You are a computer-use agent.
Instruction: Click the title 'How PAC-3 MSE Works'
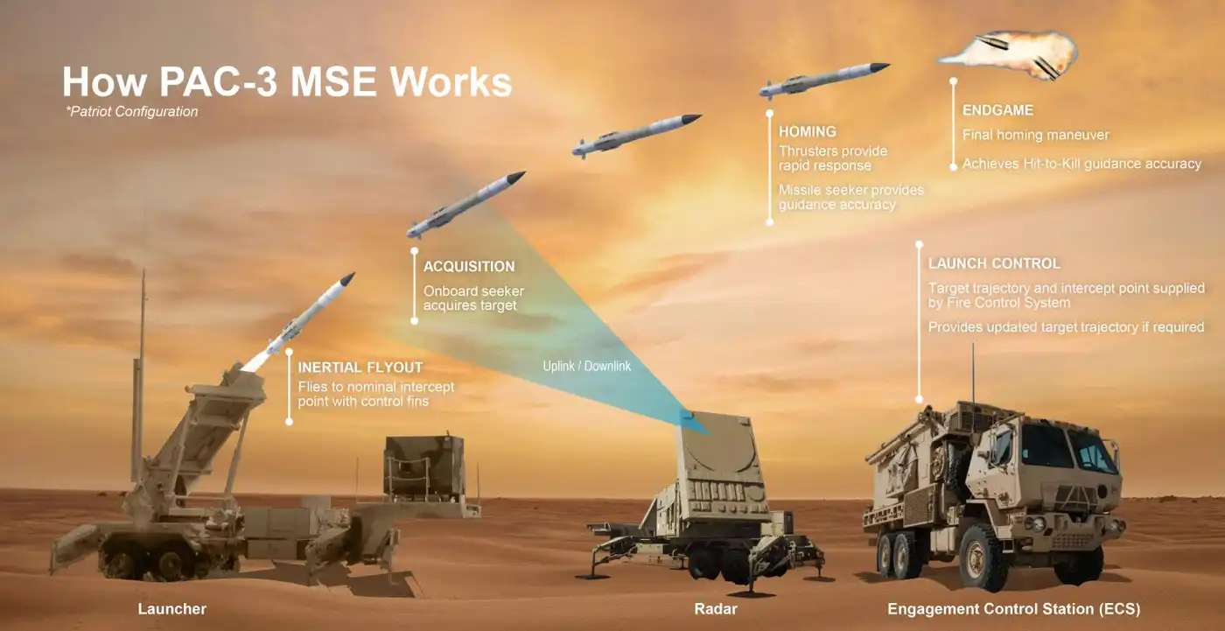click(287, 82)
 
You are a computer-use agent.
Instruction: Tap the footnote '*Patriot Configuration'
click(132, 111)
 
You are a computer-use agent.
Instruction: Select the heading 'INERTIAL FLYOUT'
click(360, 368)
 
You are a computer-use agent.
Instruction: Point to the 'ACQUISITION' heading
click(469, 266)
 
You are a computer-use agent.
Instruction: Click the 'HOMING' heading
click(807, 132)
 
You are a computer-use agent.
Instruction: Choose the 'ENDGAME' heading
click(997, 110)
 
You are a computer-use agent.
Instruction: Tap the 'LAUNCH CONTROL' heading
click(994, 263)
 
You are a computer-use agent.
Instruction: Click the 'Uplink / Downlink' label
click(586, 366)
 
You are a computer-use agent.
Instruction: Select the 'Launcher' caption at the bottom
click(171, 608)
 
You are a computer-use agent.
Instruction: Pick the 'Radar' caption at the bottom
click(716, 608)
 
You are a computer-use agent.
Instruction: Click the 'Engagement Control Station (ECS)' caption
click(1013, 608)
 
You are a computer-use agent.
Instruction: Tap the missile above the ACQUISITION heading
click(465, 204)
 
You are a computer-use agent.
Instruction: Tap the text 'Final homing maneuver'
click(1036, 135)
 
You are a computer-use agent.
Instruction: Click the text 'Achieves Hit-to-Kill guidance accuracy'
click(1081, 164)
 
